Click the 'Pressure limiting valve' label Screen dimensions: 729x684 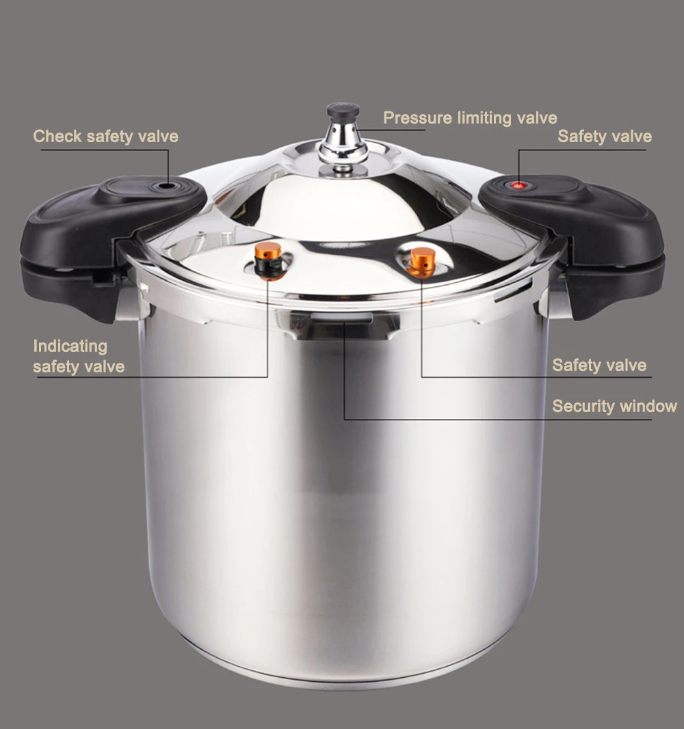pos(469,118)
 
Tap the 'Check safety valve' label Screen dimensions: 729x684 pos(105,136)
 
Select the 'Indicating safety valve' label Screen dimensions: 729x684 pos(78,356)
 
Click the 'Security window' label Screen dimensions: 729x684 pos(614,406)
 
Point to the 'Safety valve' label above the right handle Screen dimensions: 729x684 pos(604,136)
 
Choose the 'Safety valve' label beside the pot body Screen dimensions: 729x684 pos(598,365)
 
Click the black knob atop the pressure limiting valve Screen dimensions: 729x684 pos(343,111)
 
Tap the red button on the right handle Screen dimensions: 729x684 pos(520,184)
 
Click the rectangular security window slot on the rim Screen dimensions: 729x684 pos(341,318)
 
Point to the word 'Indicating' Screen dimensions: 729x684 pos(70,346)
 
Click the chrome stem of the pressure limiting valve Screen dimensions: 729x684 pos(343,140)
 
